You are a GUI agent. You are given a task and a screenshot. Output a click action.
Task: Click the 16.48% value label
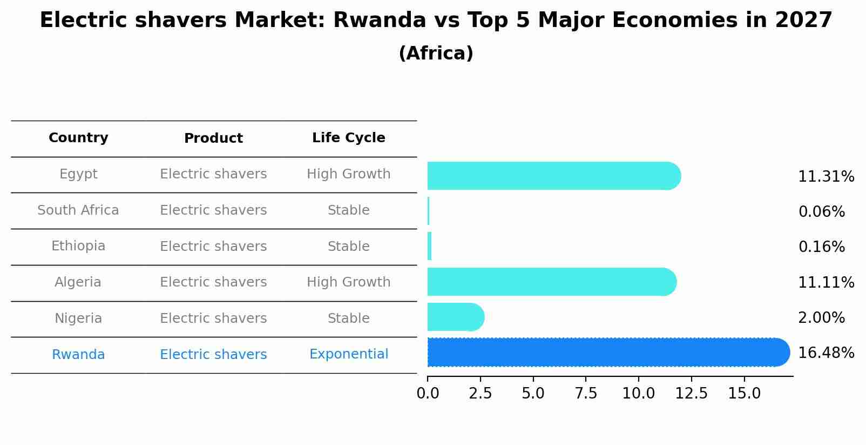click(826, 353)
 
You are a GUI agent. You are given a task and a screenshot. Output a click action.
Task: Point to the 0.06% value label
click(821, 212)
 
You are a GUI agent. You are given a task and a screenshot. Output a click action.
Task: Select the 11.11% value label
click(826, 283)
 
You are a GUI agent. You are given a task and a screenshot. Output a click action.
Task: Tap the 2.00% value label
click(821, 318)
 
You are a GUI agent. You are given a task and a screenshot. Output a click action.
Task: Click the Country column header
click(78, 138)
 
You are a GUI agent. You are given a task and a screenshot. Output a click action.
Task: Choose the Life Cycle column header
click(348, 138)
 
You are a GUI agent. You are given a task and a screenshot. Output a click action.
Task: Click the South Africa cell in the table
click(78, 210)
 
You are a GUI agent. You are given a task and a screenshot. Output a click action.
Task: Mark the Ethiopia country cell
click(78, 246)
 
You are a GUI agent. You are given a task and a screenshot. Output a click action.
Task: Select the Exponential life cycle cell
click(348, 354)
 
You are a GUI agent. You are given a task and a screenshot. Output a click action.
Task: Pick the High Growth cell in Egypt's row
click(348, 174)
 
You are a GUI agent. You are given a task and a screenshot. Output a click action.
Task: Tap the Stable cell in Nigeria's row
click(348, 318)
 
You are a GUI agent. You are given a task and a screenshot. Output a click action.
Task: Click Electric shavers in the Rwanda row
click(213, 355)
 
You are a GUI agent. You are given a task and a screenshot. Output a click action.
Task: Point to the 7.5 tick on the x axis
click(586, 393)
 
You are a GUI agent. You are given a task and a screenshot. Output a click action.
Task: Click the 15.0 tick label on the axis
click(744, 393)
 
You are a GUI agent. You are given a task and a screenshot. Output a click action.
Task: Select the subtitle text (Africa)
click(436, 54)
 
